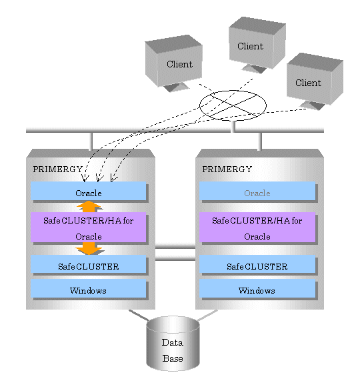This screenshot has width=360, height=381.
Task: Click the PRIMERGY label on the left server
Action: (x=58, y=169)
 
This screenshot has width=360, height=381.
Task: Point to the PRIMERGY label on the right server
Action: (x=227, y=169)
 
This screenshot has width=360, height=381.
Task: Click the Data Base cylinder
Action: (x=173, y=344)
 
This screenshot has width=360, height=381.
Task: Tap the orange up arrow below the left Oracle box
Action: (x=89, y=207)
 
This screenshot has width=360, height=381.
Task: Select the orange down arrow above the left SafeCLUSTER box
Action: (x=89, y=248)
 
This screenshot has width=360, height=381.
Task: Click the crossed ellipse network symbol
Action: (x=233, y=105)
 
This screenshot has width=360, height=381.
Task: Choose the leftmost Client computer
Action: (x=173, y=63)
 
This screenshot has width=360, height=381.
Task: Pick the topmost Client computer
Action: (x=257, y=44)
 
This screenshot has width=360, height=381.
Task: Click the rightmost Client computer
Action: (x=315, y=81)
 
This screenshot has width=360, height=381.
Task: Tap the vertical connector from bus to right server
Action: (x=260, y=141)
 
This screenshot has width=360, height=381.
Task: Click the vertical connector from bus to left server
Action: (x=91, y=141)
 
